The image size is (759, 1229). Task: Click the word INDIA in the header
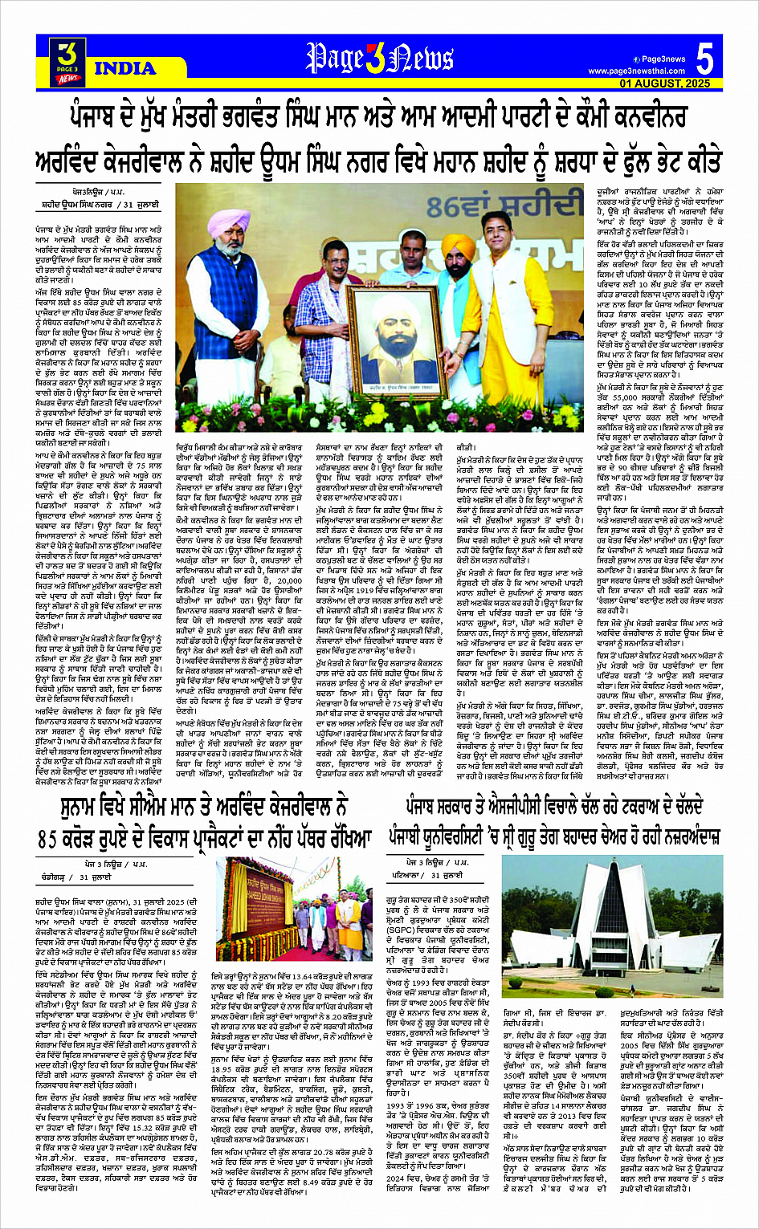[x=125, y=69]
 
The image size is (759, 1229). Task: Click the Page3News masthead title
[x=382, y=59]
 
